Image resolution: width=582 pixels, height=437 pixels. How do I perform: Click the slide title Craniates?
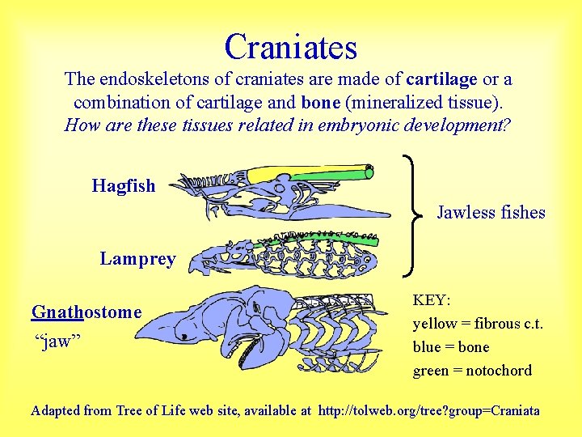(291, 46)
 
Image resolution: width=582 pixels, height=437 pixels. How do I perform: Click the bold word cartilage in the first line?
(441, 79)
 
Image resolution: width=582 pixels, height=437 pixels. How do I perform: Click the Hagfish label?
(124, 185)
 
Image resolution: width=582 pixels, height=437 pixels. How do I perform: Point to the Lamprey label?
(137, 259)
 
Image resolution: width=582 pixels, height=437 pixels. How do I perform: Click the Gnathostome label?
(86, 312)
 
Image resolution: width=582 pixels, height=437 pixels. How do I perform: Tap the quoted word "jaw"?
(60, 340)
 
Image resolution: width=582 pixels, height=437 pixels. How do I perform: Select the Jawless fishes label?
(491, 213)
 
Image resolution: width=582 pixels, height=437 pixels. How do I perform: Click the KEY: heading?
(432, 300)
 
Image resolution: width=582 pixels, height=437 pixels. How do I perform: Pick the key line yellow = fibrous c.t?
(478, 324)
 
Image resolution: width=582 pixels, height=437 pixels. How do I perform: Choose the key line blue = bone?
(451, 347)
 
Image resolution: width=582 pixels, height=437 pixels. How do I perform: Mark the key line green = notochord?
(472, 371)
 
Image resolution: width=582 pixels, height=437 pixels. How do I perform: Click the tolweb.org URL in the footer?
(429, 410)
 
